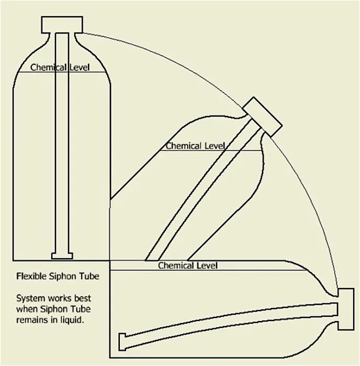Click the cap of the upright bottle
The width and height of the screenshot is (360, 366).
coord(62,25)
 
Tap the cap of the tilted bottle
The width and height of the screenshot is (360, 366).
coord(262,117)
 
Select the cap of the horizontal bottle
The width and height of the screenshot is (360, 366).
coord(346,309)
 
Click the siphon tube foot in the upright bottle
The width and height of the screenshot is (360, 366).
coord(62,256)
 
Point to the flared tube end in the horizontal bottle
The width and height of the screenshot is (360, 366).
coord(122,342)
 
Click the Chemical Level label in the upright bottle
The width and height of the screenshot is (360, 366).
coord(60,67)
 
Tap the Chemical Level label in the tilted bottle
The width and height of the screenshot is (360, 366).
coord(195,146)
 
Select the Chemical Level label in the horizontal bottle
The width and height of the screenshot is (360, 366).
coord(188,266)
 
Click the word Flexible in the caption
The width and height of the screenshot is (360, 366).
coord(31,276)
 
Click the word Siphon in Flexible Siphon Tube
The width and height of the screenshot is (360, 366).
coord(62,277)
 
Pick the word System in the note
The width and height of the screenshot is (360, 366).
coord(30,299)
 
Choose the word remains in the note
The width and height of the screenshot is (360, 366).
coord(32,320)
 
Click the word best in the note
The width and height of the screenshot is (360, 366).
coord(82,298)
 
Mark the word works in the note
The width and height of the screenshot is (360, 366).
coord(60,298)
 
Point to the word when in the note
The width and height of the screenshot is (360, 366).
coord(27,309)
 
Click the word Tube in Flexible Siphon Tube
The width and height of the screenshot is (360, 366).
coord(88,276)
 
